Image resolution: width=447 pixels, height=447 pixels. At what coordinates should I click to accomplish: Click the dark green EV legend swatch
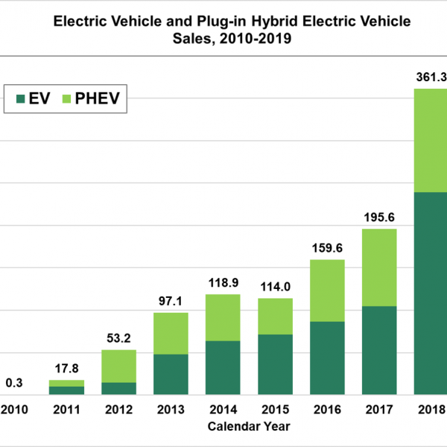(x=19, y=98)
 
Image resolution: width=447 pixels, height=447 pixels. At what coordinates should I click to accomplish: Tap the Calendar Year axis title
(x=249, y=427)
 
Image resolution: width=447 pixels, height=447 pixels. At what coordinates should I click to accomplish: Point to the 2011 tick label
(x=66, y=409)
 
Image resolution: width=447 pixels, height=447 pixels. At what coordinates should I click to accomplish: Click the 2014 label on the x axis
(x=223, y=409)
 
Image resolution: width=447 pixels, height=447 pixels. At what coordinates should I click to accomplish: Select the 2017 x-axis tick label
(x=379, y=409)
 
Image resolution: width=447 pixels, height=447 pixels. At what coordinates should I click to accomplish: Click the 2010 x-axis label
(x=14, y=409)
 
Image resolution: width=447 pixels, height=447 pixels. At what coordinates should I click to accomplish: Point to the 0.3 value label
(x=14, y=382)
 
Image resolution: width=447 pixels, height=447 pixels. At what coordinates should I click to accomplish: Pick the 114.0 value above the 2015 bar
(x=275, y=286)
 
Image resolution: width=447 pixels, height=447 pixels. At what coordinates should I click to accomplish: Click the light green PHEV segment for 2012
(x=118, y=366)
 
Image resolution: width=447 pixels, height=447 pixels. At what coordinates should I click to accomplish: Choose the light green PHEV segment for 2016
(x=327, y=291)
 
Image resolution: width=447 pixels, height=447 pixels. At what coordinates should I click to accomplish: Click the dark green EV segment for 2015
(x=275, y=364)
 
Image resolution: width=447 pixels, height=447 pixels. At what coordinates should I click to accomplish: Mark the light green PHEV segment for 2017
(x=379, y=267)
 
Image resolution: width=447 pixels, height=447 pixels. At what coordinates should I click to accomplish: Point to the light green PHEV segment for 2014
(x=223, y=317)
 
